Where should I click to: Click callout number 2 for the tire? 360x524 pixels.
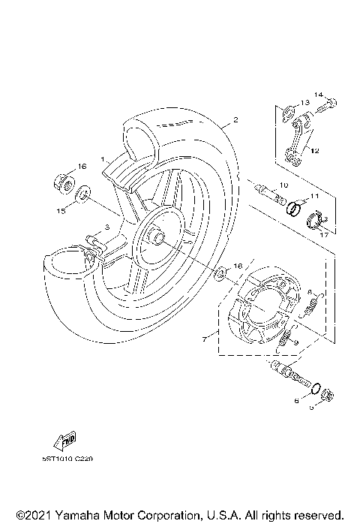(x=235, y=120)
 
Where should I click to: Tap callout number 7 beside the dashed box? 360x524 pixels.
(x=205, y=339)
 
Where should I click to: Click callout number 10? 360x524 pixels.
(x=283, y=185)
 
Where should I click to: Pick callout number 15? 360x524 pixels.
(x=61, y=212)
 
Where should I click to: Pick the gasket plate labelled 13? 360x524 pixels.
(x=289, y=114)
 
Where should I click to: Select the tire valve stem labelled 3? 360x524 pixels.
(x=92, y=244)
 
